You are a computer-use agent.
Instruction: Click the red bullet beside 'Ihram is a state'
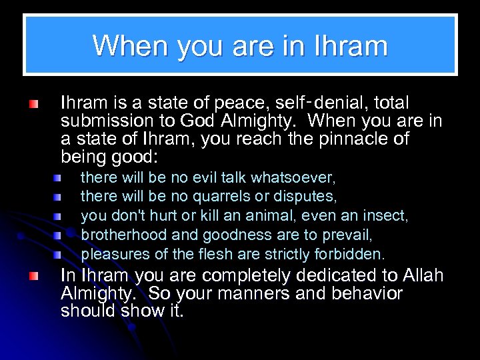(33, 105)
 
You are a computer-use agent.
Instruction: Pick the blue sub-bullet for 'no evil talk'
(59, 179)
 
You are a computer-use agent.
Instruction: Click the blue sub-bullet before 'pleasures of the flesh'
(59, 255)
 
